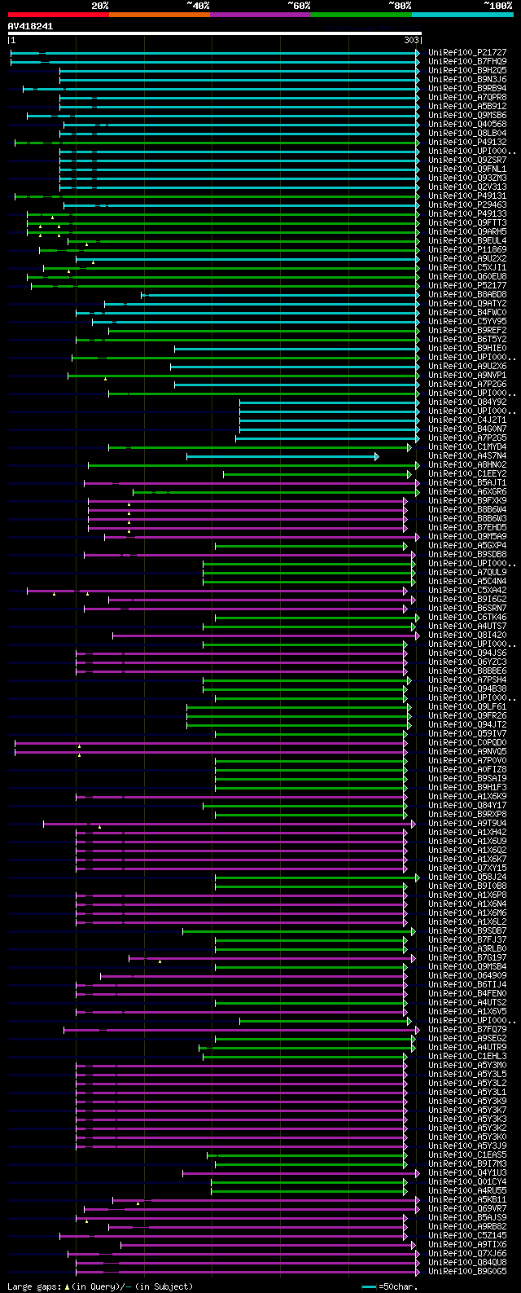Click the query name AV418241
tap(31, 26)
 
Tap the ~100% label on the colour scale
tap(497, 6)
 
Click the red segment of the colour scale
tap(58, 14)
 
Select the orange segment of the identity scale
tap(159, 14)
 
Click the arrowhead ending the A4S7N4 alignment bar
tap(377, 456)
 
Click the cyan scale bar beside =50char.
tap(370, 1286)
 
